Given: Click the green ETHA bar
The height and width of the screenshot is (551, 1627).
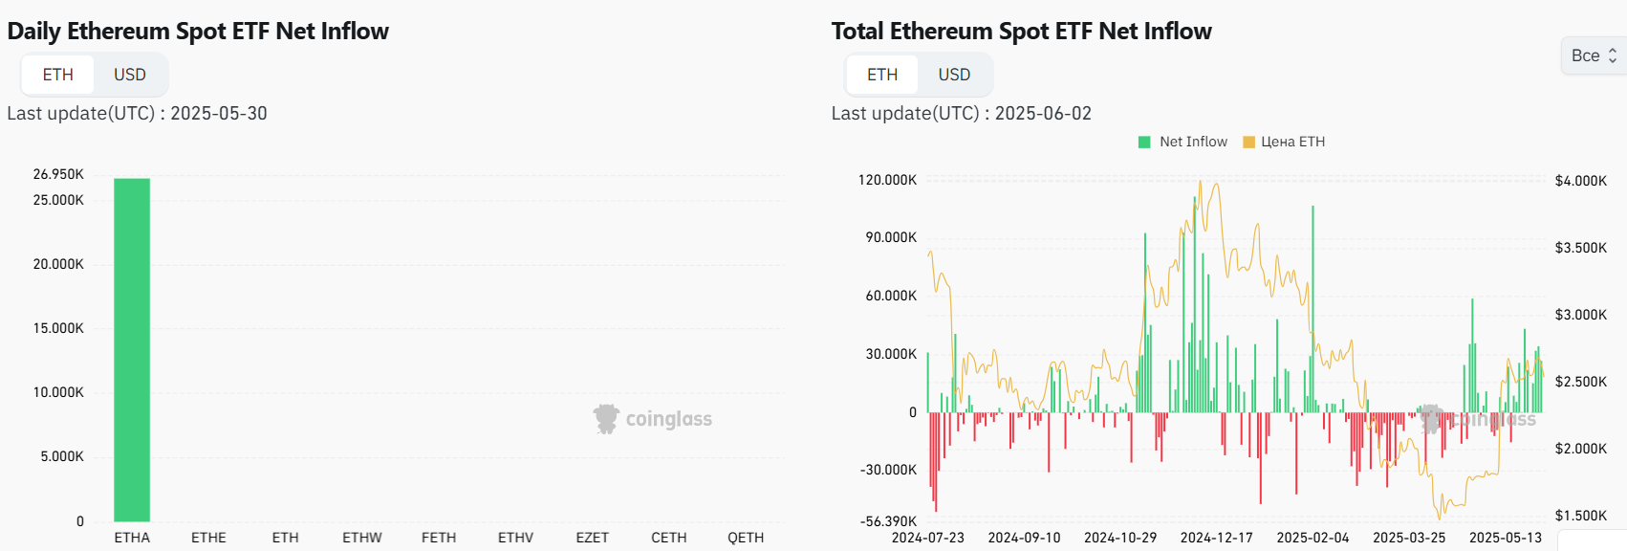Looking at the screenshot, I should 132,349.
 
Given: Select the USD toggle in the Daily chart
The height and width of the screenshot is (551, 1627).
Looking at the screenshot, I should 130,75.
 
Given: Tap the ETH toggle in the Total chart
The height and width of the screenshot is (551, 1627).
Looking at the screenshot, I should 881,75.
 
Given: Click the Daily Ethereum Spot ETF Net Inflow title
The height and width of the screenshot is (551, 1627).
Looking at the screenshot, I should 198,32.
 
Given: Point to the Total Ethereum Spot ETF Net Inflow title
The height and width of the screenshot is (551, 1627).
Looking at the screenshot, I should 1021,32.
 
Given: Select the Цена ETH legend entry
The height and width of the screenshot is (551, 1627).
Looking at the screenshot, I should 1284,142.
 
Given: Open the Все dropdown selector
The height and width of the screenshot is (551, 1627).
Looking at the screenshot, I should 1593,55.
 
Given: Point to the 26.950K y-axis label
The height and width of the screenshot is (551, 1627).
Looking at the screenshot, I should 58,174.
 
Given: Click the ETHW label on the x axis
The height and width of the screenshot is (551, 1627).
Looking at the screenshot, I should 362,538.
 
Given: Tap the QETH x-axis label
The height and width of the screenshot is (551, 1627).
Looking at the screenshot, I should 746,538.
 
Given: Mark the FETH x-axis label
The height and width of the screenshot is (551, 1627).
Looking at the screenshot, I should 439,538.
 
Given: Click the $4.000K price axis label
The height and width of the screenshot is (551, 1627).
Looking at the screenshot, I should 1580,181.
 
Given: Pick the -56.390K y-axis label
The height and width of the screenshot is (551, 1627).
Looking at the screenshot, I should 888,521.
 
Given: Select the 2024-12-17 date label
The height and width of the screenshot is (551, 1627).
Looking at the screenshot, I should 1216,538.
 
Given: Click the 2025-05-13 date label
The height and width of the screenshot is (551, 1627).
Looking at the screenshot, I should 1505,538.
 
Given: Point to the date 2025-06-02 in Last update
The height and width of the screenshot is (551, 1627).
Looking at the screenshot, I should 1043,113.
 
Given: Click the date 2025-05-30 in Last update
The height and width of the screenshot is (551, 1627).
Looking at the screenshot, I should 219,113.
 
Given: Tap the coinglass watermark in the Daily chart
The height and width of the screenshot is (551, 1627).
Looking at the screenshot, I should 653,419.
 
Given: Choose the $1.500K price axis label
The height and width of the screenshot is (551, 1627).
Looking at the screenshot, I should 1580,516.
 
